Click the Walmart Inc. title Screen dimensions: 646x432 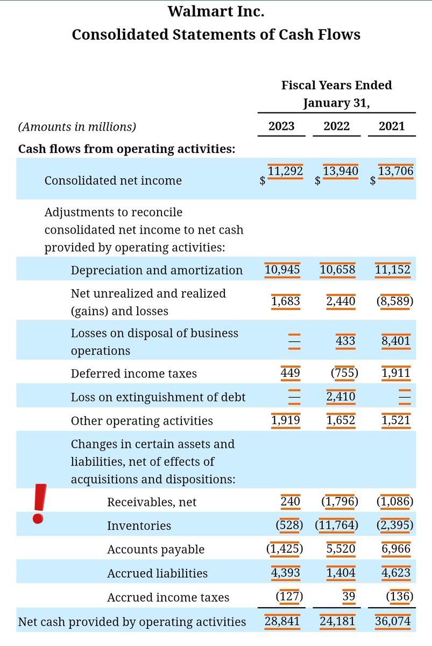point(216,11)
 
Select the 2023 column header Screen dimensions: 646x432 point(281,127)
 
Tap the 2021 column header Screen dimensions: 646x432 point(391,127)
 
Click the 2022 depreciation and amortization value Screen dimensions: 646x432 point(337,270)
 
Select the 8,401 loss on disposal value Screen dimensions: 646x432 point(395,341)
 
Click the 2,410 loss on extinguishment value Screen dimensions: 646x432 point(341,397)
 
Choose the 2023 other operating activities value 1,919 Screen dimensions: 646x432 point(286,420)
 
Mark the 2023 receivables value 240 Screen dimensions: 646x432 point(290,502)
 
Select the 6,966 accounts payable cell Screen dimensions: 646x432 point(395,549)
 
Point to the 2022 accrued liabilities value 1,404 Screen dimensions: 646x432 point(341,573)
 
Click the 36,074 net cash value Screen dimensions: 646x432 point(392,622)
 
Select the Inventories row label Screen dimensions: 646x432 point(139,526)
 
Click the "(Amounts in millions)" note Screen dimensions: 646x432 point(77,127)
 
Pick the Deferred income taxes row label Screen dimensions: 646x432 point(134,374)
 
